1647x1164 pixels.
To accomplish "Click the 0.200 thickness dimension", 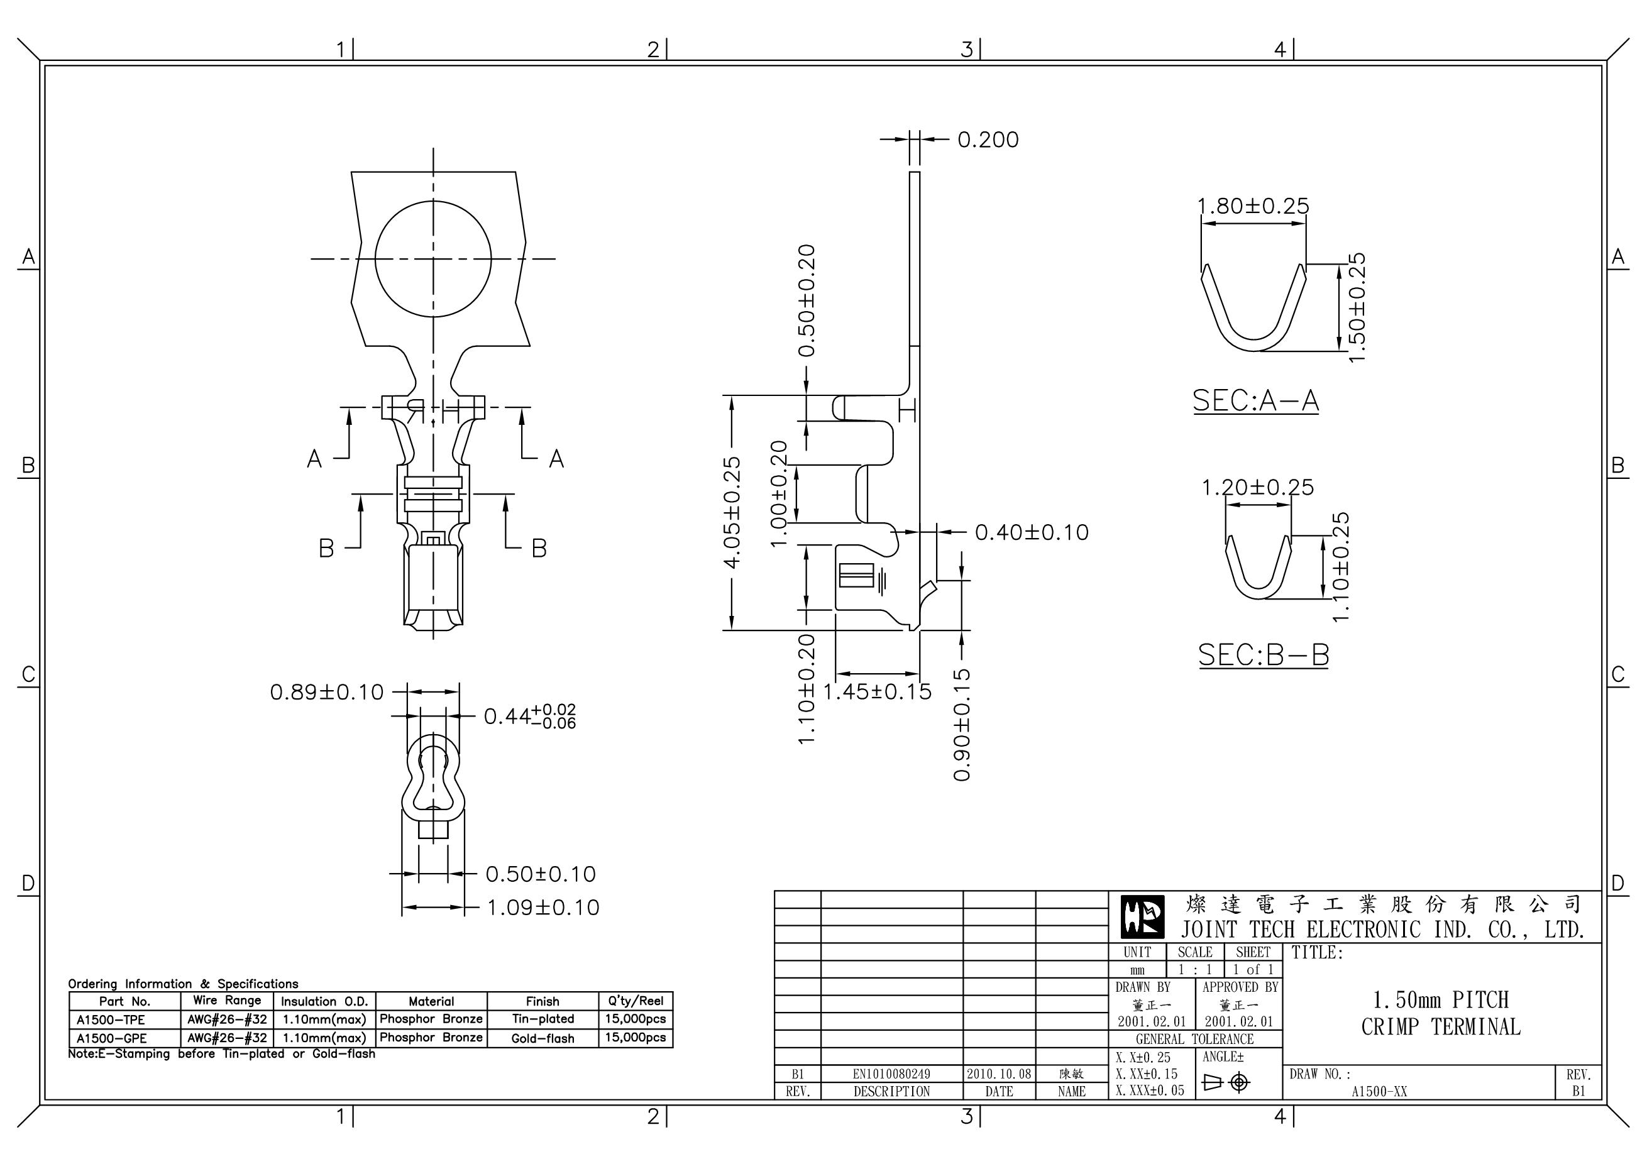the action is pos(988,140).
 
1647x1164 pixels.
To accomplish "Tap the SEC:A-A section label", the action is pos(1255,400).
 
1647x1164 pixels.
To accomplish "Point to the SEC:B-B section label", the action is pos(1264,655).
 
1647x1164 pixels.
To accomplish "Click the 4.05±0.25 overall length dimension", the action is pos(732,512).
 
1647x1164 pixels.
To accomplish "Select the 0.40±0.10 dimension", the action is pos(1032,532).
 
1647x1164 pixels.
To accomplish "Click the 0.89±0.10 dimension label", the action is pos(327,692).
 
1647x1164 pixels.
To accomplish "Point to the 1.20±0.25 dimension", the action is pos(1257,488).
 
